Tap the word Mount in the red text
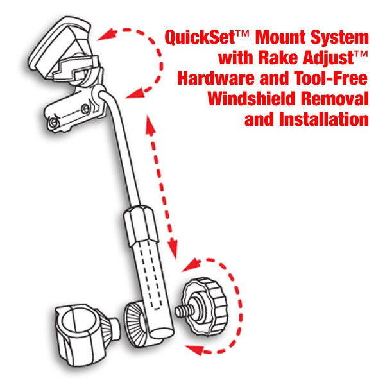[x=280, y=37]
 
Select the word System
[x=339, y=38]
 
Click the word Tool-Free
[x=330, y=78]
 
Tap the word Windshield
[x=251, y=98]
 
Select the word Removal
[x=335, y=98]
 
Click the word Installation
[x=324, y=119]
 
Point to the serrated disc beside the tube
[x=136, y=323]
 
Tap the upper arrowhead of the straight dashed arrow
[x=150, y=125]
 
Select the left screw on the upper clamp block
[x=53, y=122]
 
